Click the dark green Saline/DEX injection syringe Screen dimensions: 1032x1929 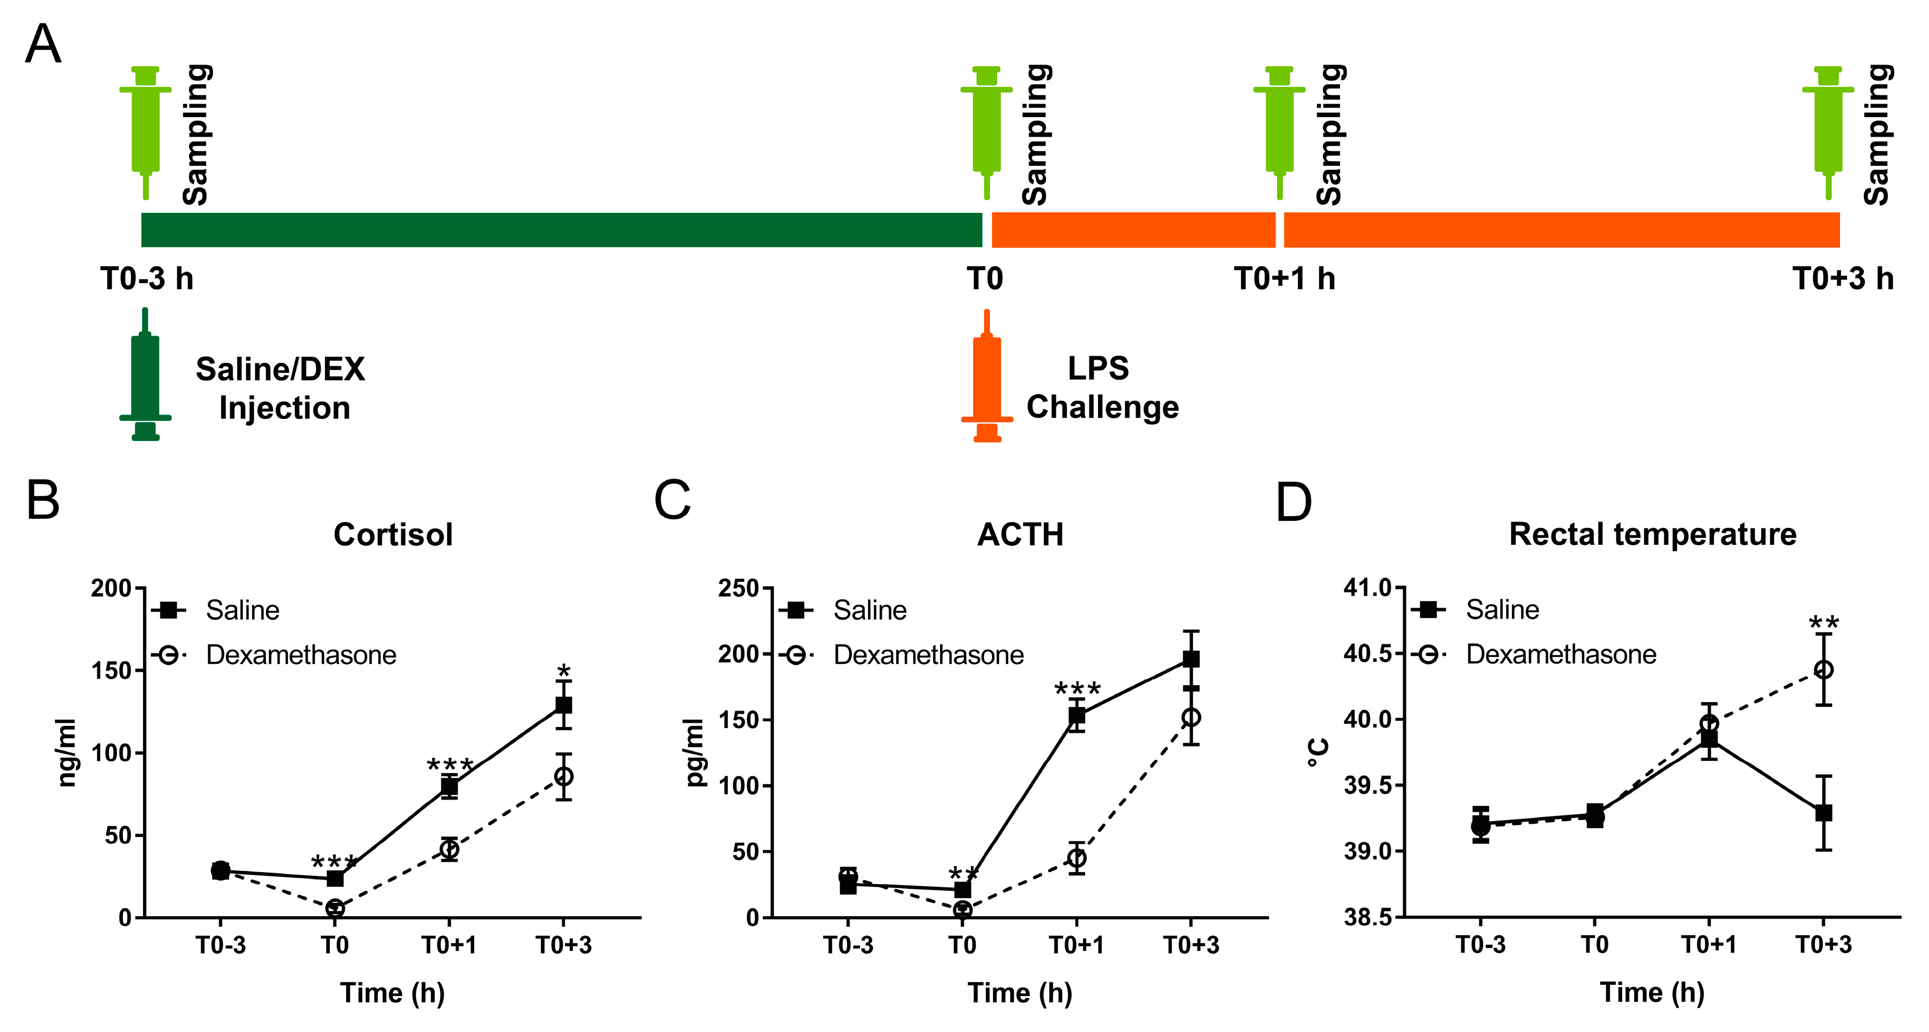point(145,374)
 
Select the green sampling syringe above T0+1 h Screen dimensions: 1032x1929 point(1279,131)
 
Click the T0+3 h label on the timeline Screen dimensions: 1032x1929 point(1843,279)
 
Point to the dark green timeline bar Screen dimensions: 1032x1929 point(562,230)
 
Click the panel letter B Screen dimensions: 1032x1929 point(43,500)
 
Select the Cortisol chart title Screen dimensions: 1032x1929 point(393,535)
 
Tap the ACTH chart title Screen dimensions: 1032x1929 point(1020,535)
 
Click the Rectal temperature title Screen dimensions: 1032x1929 point(1653,535)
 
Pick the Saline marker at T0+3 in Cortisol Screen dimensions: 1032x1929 point(564,705)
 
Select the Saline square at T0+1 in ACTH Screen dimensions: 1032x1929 point(1077,715)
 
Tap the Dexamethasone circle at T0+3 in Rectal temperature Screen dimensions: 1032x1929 point(1824,669)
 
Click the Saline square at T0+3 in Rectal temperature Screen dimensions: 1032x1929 point(1824,813)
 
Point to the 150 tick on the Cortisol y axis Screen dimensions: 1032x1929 point(111,670)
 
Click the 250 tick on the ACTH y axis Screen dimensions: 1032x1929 point(738,589)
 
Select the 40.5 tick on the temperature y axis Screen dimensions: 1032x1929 point(1367,654)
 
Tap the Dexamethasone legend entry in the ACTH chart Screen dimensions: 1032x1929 point(928,656)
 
